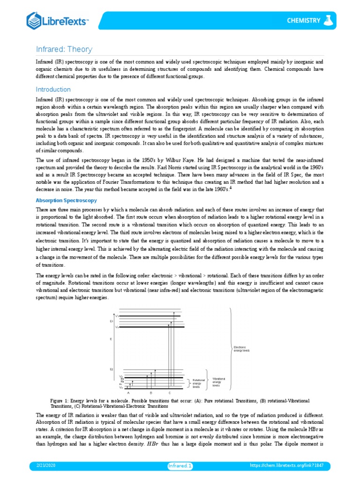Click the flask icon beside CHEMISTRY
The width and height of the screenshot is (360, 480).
[x=330, y=20]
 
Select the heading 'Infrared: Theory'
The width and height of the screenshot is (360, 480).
[x=65, y=49]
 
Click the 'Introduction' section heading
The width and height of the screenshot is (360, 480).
[x=53, y=89]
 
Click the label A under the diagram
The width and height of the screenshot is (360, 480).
[x=128, y=392]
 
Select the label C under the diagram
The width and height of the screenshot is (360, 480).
[x=169, y=392]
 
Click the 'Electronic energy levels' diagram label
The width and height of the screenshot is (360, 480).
[x=242, y=348]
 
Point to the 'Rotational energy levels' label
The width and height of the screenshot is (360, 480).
[x=199, y=383]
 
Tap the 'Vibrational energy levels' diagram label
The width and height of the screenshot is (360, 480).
[x=219, y=382]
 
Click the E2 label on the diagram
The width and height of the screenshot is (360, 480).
[x=112, y=369]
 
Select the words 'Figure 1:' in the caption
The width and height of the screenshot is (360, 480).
[x=61, y=401]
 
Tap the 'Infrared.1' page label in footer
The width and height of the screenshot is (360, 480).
[x=180, y=465]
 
